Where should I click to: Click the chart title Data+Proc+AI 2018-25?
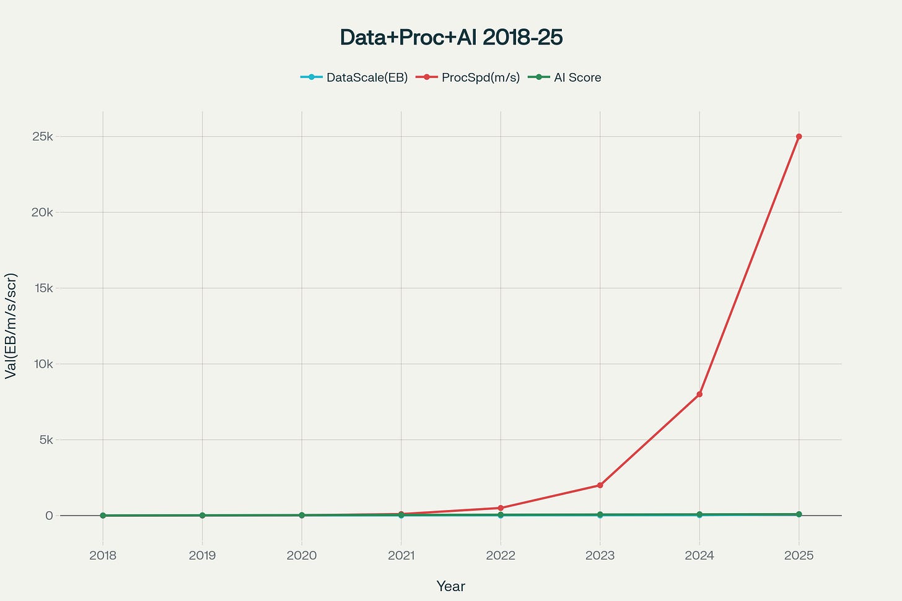[451, 38]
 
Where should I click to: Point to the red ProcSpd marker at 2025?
[799, 136]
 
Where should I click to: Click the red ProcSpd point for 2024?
[699, 394]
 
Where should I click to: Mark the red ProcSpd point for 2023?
[600, 485]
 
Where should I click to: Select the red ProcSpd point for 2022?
[501, 508]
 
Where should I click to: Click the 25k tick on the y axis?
[43, 136]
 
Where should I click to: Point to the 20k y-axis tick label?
[43, 212]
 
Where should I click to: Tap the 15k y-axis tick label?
[43, 288]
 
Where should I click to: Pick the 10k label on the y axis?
[43, 364]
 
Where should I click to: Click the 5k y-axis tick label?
[45, 440]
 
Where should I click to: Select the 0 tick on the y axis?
[49, 516]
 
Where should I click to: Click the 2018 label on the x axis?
[103, 555]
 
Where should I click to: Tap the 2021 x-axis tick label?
[401, 555]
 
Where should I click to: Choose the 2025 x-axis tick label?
[799, 555]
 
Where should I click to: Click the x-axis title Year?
[450, 586]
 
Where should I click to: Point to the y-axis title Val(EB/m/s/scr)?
[11, 326]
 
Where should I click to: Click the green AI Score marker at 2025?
[799, 514]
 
